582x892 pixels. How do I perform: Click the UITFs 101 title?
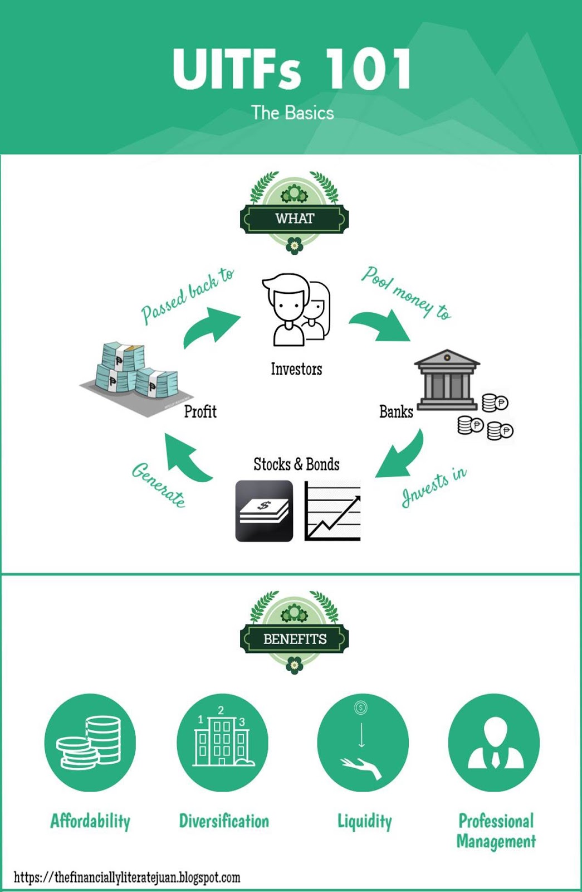[x=292, y=69]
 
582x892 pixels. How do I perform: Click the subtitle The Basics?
[x=292, y=113]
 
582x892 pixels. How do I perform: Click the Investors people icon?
[x=296, y=310]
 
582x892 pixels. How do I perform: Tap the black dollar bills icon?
[x=264, y=511]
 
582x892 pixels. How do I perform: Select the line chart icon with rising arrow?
[x=332, y=511]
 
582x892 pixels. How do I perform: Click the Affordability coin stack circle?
[x=90, y=742]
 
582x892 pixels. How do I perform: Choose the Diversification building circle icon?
[x=222, y=742]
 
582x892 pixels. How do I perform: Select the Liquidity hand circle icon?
[x=363, y=742]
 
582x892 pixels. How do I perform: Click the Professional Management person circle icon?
[x=494, y=742]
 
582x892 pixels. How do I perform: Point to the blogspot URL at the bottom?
[x=127, y=877]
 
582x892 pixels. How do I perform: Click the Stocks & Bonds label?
[x=296, y=464]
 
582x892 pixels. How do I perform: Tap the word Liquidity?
[x=365, y=821]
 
